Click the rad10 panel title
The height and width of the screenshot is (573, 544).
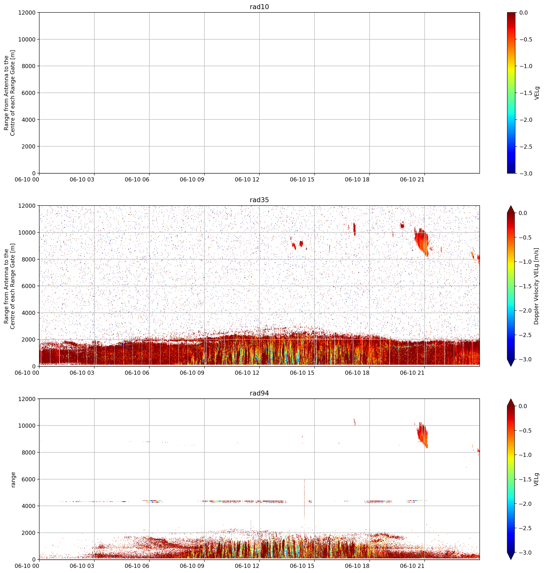259,7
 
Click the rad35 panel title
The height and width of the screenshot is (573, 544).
259,200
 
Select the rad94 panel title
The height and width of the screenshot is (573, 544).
259,393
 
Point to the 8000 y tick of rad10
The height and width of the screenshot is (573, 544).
29,66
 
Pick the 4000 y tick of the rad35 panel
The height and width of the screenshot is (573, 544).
29,313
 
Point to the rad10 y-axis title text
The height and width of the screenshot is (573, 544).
9,93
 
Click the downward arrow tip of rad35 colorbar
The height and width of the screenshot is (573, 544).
511,366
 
